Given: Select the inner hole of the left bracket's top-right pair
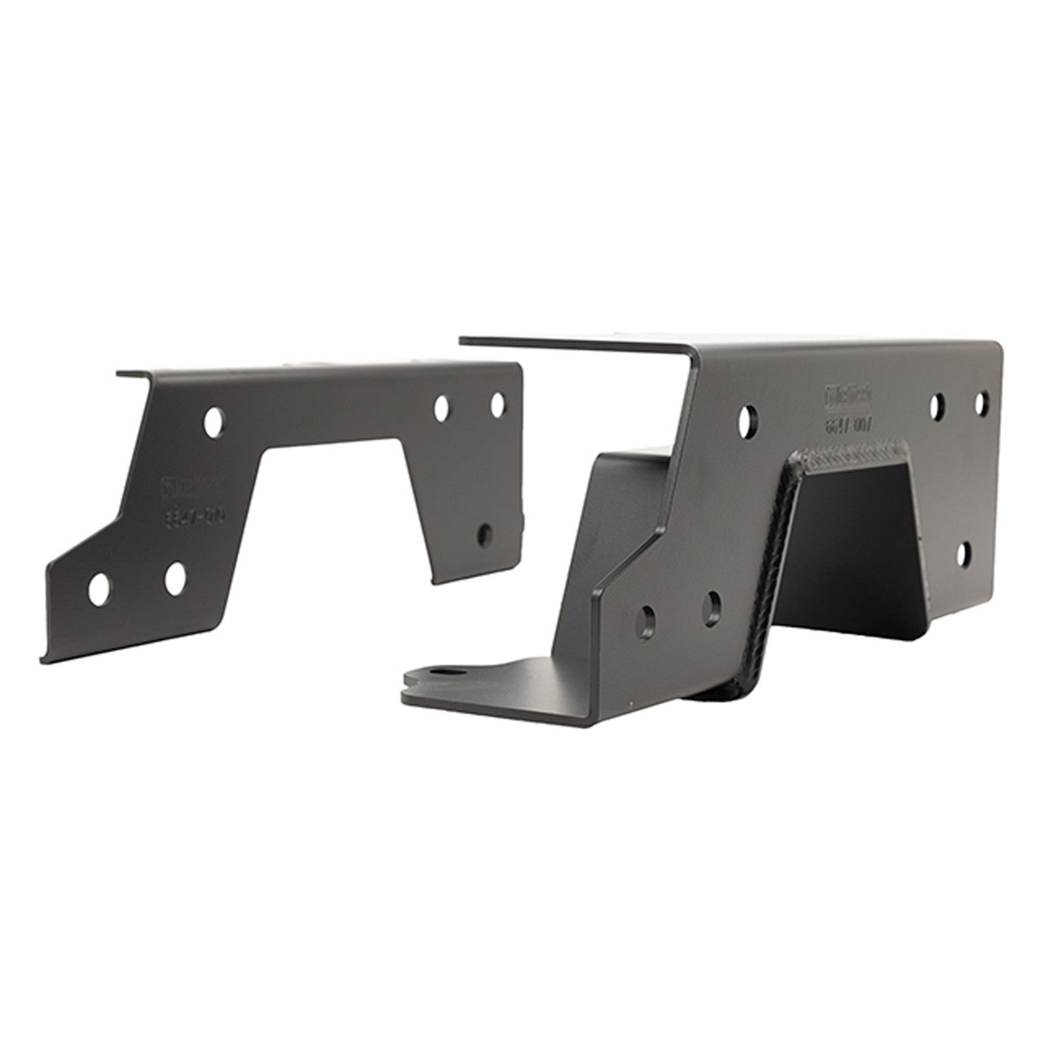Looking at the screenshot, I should tap(442, 407).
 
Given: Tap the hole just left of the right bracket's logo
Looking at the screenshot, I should tap(750, 418).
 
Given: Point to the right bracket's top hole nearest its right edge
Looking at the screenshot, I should tap(982, 402).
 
